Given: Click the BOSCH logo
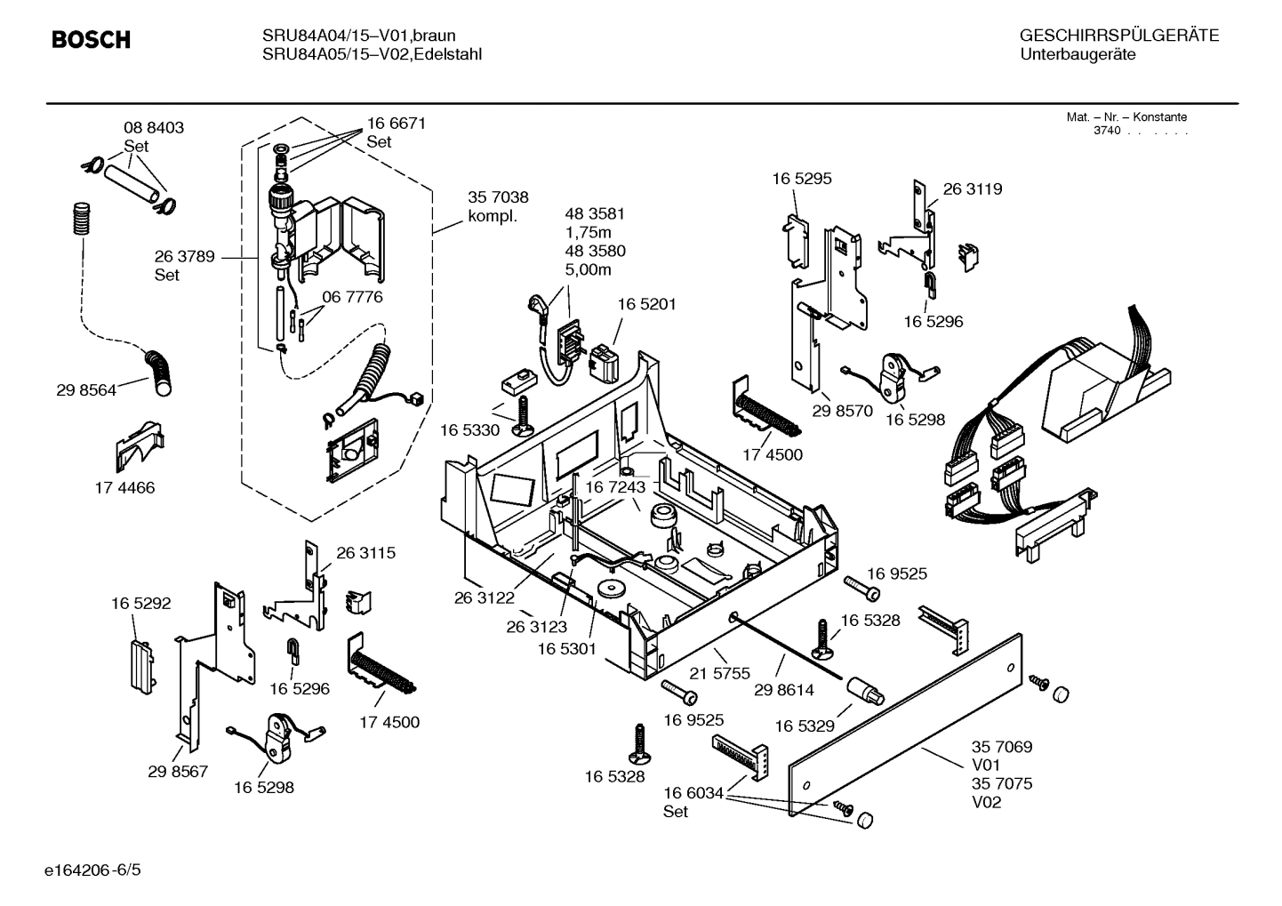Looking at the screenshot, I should click(x=91, y=40).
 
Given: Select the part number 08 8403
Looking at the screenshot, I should click(x=154, y=128).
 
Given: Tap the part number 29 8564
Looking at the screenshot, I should click(x=85, y=389).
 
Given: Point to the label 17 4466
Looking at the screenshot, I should click(x=124, y=487).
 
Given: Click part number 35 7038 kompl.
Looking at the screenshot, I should click(x=498, y=207).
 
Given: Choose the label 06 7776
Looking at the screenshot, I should click(x=352, y=297).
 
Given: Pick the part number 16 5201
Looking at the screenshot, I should click(x=646, y=304).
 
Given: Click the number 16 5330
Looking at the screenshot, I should click(x=470, y=430).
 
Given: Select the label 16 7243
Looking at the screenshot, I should click(x=615, y=487).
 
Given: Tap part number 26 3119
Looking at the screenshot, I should click(x=972, y=188).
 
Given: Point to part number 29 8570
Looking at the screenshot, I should click(x=842, y=412).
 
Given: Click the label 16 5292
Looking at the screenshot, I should click(x=140, y=603).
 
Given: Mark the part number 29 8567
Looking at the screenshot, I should click(x=178, y=771).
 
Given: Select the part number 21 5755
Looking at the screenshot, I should click(x=720, y=673).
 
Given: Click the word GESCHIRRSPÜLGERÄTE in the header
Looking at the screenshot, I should click(x=1118, y=36).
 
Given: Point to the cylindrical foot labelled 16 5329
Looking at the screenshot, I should click(x=864, y=691).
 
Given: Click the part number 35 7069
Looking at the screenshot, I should click(x=1002, y=747).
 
